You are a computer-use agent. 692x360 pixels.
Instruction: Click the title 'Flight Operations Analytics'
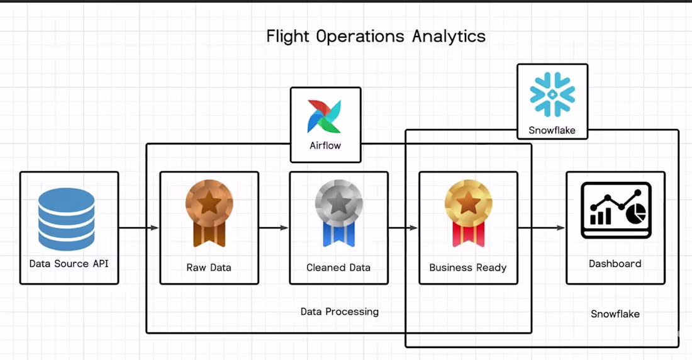[x=376, y=36]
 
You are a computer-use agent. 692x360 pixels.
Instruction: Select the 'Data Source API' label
[x=69, y=264]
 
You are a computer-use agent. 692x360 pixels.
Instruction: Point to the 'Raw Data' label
[x=209, y=267]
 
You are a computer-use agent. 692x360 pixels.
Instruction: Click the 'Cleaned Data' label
[x=338, y=267]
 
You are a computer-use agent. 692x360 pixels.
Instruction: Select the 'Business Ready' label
[x=468, y=267]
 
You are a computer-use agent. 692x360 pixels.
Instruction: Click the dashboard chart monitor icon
[x=615, y=210]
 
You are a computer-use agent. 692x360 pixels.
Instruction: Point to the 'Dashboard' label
[x=615, y=264]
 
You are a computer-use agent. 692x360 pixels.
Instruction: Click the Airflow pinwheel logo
[x=325, y=116]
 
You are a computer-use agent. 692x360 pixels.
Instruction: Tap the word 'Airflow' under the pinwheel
[x=325, y=145]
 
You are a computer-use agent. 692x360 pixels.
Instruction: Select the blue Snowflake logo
[x=552, y=95]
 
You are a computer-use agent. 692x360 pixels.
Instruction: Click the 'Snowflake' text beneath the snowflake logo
[x=552, y=131]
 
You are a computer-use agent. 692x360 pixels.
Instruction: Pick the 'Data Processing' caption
[x=340, y=312]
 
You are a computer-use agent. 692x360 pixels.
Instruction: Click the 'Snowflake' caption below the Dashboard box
[x=615, y=313]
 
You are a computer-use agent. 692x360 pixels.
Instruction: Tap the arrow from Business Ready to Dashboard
[x=542, y=228]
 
